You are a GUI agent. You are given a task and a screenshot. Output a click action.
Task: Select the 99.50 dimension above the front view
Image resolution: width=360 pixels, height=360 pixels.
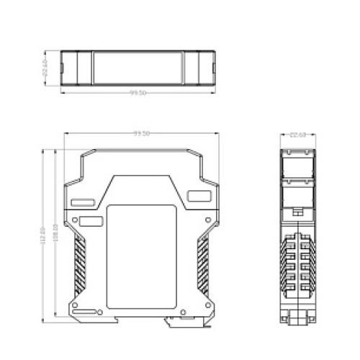pyautogui.click(x=141, y=133)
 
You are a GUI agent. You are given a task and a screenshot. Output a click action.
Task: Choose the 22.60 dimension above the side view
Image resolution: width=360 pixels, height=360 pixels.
pyautogui.click(x=297, y=134)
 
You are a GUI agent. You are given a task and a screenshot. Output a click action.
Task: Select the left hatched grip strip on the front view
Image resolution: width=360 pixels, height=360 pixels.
pyautogui.click(x=79, y=263)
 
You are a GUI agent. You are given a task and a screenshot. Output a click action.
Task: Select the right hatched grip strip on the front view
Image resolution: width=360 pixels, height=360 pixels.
pyautogui.click(x=204, y=263)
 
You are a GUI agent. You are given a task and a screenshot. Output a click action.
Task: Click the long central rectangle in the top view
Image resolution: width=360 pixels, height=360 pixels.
pyautogui.click(x=138, y=69)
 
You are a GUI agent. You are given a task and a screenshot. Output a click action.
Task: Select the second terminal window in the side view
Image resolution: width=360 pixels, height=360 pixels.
pyautogui.click(x=297, y=194)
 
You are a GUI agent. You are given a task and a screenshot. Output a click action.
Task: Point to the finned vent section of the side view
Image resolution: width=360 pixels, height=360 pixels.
pyautogui.click(x=297, y=263)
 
